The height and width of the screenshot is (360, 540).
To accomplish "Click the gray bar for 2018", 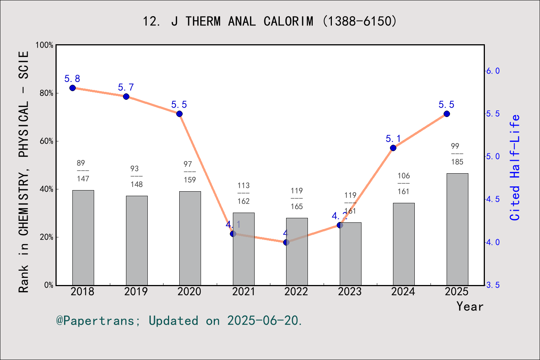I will click(83, 238).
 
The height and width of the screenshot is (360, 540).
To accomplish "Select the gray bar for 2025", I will click(457, 229).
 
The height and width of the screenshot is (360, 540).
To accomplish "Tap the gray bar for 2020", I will click(190, 238).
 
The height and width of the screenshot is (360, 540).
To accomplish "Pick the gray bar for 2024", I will click(403, 244).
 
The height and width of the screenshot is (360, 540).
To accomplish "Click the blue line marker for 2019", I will click(126, 96).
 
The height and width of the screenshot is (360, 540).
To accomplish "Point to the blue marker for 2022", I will click(286, 242).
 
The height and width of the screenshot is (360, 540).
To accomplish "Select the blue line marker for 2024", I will click(393, 148).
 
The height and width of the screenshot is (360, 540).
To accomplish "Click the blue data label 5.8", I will click(72, 79).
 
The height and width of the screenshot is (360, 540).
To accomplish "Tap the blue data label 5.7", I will click(126, 87).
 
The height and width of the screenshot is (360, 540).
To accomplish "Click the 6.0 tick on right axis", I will click(493, 71).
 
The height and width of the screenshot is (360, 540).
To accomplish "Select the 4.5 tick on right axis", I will click(493, 199).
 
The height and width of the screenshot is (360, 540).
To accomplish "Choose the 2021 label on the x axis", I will click(243, 291).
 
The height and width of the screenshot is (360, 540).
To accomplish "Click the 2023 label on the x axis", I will click(350, 291).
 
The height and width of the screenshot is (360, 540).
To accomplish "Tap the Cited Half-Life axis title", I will click(514, 167).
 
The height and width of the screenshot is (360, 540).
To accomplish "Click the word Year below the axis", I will click(470, 306).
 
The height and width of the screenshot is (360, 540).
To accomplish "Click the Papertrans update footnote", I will click(179, 321).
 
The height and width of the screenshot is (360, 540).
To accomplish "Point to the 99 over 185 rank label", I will click(457, 154).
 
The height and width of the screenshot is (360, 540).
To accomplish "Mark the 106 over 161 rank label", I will click(403, 183).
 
